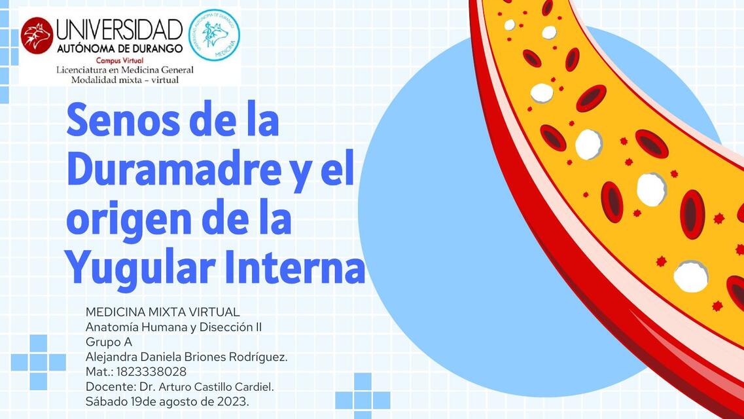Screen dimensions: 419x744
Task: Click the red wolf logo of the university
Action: tap(37, 35)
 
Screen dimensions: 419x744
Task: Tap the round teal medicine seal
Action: tap(214, 35)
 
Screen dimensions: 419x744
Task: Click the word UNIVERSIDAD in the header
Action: tap(120, 29)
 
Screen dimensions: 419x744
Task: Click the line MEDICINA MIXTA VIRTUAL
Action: tap(163, 312)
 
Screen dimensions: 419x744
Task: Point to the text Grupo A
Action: tap(109, 342)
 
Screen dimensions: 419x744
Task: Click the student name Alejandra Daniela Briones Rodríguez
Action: tap(186, 357)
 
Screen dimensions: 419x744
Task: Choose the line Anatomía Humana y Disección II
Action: tap(173, 327)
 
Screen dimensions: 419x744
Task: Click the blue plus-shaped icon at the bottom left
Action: tap(39, 362)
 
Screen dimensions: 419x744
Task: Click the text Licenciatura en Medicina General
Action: tap(125, 70)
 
